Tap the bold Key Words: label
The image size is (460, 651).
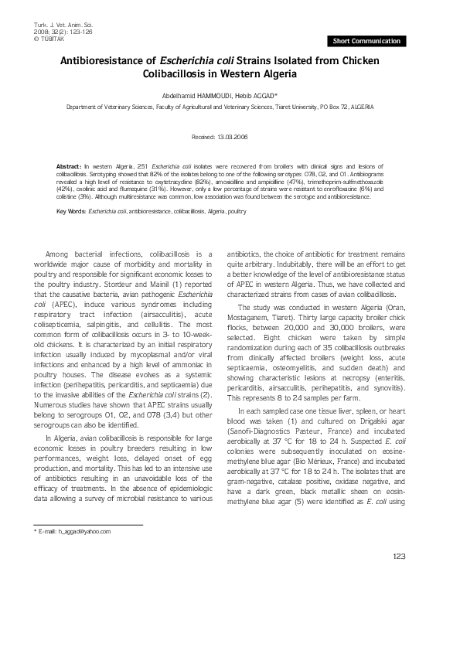click(72, 210)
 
